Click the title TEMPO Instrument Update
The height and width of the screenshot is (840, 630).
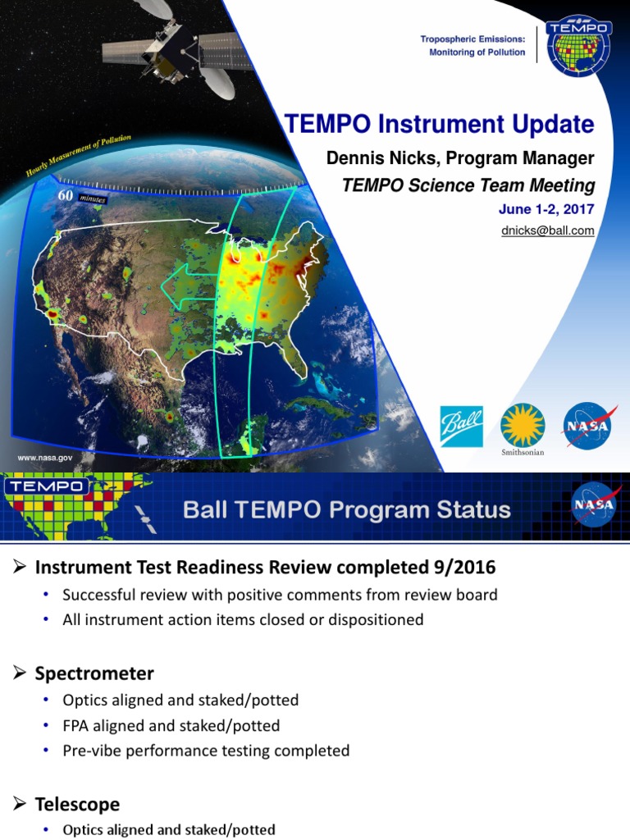tap(439, 125)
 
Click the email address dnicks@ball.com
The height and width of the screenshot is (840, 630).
tap(548, 231)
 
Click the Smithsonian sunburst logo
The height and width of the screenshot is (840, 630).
tap(523, 424)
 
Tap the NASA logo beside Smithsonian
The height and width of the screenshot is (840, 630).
tap(586, 426)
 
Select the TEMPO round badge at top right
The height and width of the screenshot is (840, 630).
tap(579, 47)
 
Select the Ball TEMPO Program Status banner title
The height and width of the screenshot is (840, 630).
tap(346, 510)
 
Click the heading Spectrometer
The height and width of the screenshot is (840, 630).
tap(94, 673)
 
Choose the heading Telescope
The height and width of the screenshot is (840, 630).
tap(77, 804)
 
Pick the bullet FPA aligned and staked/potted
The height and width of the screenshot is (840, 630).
tap(171, 726)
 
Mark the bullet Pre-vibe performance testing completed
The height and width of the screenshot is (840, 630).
tap(206, 751)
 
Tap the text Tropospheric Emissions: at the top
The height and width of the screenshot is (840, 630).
tap(472, 39)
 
